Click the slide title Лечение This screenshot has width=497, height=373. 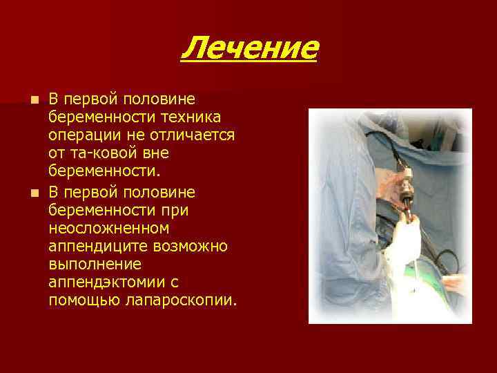[249, 48]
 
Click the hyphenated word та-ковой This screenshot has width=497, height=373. [98, 151]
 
